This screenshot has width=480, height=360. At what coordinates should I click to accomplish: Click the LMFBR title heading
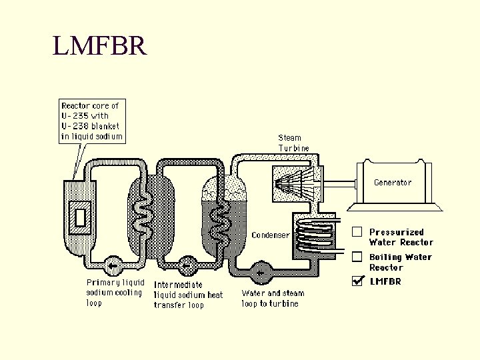point(100,45)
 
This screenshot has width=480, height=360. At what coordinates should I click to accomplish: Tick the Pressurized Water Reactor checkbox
point(357,232)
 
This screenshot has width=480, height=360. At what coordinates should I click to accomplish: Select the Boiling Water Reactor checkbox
point(357,257)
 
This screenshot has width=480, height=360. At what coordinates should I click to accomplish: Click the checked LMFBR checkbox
point(357,281)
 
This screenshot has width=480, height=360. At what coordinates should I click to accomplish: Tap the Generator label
point(393,183)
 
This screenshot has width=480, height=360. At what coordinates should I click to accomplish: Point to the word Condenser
point(271,235)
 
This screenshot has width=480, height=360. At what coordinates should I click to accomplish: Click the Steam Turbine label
point(293,143)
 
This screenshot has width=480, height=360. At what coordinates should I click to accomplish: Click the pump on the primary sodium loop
point(113,266)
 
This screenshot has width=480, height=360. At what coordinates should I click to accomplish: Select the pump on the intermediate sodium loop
point(187,266)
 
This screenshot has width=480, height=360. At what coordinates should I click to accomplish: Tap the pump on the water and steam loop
point(261,273)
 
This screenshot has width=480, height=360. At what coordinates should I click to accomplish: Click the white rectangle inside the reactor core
point(81,217)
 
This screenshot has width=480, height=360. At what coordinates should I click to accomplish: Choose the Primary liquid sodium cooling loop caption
point(115,293)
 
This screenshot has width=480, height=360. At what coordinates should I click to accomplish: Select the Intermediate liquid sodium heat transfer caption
point(188,295)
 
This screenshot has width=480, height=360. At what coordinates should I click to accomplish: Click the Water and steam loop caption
point(273,298)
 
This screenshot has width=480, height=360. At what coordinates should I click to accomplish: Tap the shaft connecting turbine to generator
point(340,184)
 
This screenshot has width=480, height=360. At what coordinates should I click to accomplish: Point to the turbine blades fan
point(295,183)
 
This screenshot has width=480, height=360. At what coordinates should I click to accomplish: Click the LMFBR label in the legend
point(385,281)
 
